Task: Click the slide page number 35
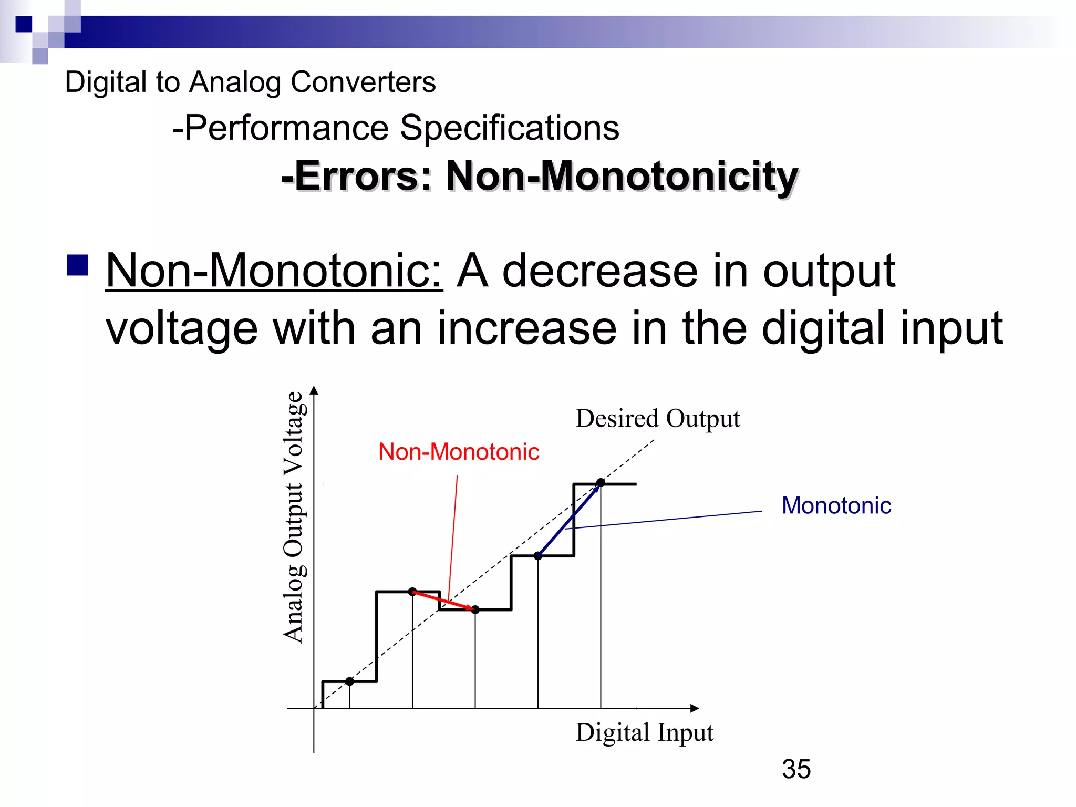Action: pyautogui.click(x=796, y=769)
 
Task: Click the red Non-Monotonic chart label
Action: pyautogui.click(x=459, y=452)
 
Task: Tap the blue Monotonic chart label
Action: pyautogui.click(x=836, y=505)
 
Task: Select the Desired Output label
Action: pyautogui.click(x=657, y=419)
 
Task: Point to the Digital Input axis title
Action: pyautogui.click(x=644, y=732)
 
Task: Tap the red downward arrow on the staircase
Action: pyautogui.click(x=444, y=601)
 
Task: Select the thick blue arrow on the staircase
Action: pyautogui.click(x=569, y=519)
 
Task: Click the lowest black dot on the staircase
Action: pyautogui.click(x=350, y=681)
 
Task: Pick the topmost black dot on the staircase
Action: pyautogui.click(x=601, y=482)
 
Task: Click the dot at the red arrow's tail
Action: pyautogui.click(x=412, y=592)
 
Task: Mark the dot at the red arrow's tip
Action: pyautogui.click(x=475, y=609)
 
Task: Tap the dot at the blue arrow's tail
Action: pyautogui.click(x=538, y=556)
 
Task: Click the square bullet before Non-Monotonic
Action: pyautogui.click(x=78, y=265)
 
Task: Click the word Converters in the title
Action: pyautogui.click(x=363, y=82)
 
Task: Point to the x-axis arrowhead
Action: pyautogui.click(x=695, y=708)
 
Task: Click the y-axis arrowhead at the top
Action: pyautogui.click(x=314, y=390)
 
